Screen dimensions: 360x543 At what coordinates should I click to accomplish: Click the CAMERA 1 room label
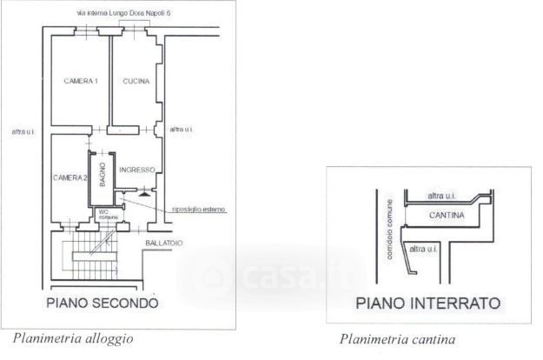(81, 81)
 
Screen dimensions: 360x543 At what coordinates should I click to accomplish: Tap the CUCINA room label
(136, 81)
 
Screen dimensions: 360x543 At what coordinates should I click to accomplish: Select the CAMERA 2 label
(70, 177)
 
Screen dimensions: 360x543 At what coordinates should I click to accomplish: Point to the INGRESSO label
(137, 170)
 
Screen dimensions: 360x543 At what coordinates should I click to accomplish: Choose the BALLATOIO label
(164, 243)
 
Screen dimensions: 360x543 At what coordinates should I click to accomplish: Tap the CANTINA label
(446, 214)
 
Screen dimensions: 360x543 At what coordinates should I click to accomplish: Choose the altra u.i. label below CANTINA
(427, 250)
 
